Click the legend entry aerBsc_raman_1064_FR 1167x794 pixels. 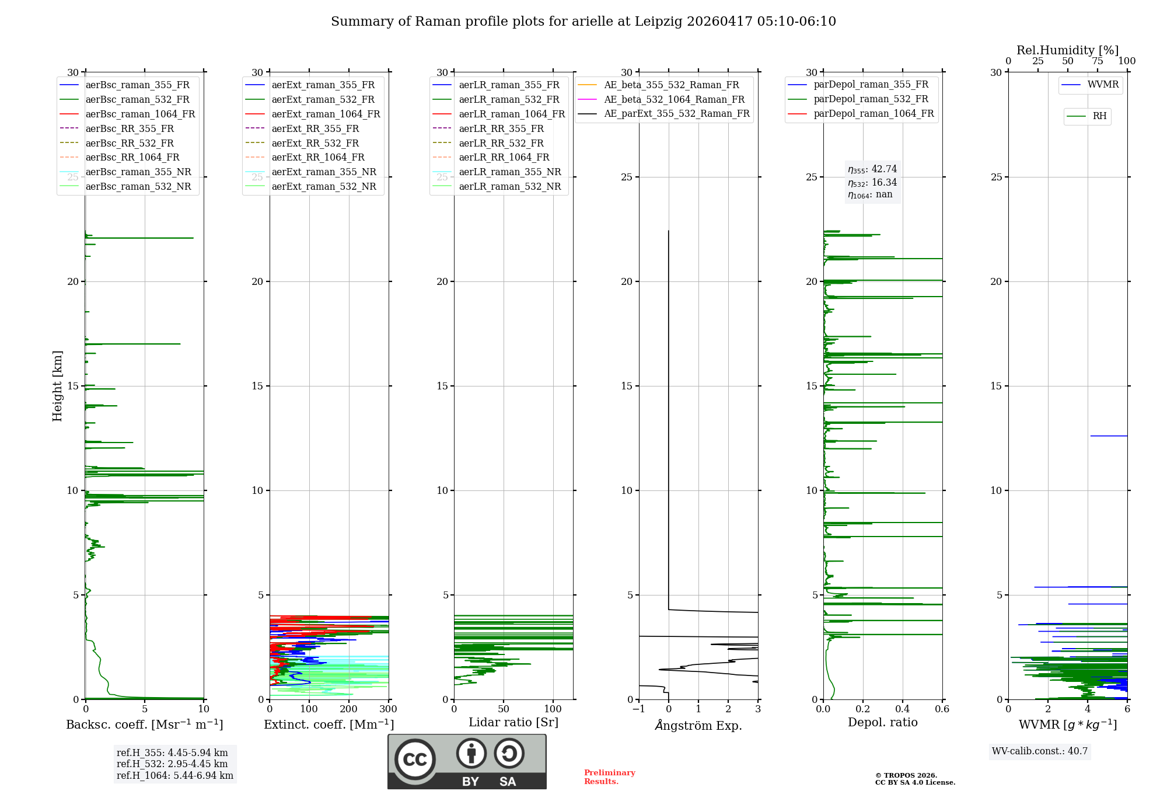point(127,114)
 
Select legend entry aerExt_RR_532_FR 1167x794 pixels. point(302,143)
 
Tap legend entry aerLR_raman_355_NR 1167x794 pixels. point(497,172)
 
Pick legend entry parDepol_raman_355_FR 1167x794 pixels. point(858,85)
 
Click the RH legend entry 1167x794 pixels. point(1086,116)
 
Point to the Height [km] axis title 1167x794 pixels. point(57,386)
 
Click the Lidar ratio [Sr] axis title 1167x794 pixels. point(513,722)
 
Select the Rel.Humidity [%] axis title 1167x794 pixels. point(1068,50)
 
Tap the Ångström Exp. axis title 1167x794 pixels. point(698,725)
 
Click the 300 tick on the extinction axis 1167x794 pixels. point(388,709)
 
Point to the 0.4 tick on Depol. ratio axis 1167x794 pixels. point(903,709)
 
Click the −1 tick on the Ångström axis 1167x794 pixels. point(639,709)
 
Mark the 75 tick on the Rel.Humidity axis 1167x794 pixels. point(1098,61)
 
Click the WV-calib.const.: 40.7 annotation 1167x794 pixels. point(1040,751)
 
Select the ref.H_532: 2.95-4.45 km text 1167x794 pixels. point(172,764)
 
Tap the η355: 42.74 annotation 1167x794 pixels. point(872,169)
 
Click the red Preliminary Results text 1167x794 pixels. point(610,777)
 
